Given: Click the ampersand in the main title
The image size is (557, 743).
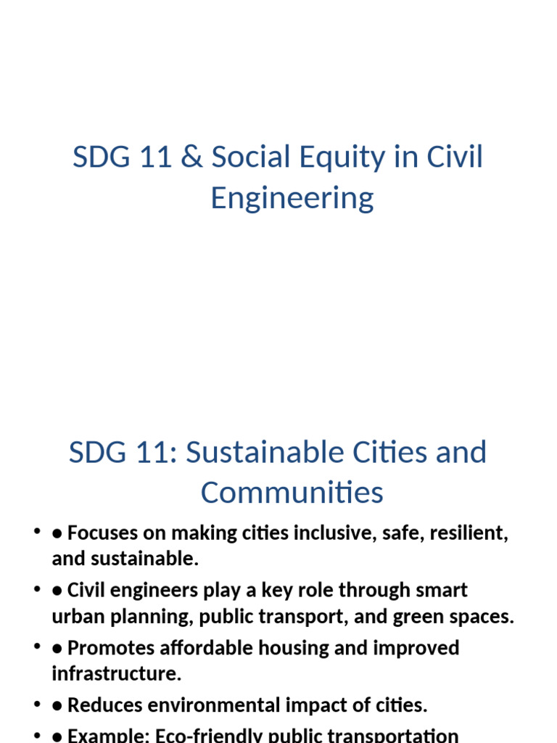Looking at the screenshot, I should point(191,157).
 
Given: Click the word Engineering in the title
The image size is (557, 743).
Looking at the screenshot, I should point(292,199).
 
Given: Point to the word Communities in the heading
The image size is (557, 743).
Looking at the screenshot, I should point(292,493).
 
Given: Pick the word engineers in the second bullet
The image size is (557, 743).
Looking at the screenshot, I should point(154,591).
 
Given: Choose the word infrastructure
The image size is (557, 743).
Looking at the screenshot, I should point(116,673).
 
